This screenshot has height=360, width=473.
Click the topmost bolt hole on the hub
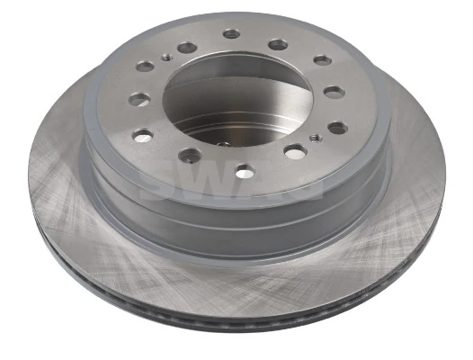coord(231,34)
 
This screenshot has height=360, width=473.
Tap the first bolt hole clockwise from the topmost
coord(279,44)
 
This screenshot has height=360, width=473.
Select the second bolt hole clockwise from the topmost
coord(322,60)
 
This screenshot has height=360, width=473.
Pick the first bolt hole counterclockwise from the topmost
coord(187,47)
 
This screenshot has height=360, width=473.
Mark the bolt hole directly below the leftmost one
coord(142,135)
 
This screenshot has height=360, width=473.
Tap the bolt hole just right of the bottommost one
coord(295,151)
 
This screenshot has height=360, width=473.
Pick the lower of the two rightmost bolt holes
coord(337,127)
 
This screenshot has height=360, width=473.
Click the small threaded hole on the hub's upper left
coord(166,58)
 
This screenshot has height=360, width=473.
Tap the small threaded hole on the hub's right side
coord(313,138)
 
